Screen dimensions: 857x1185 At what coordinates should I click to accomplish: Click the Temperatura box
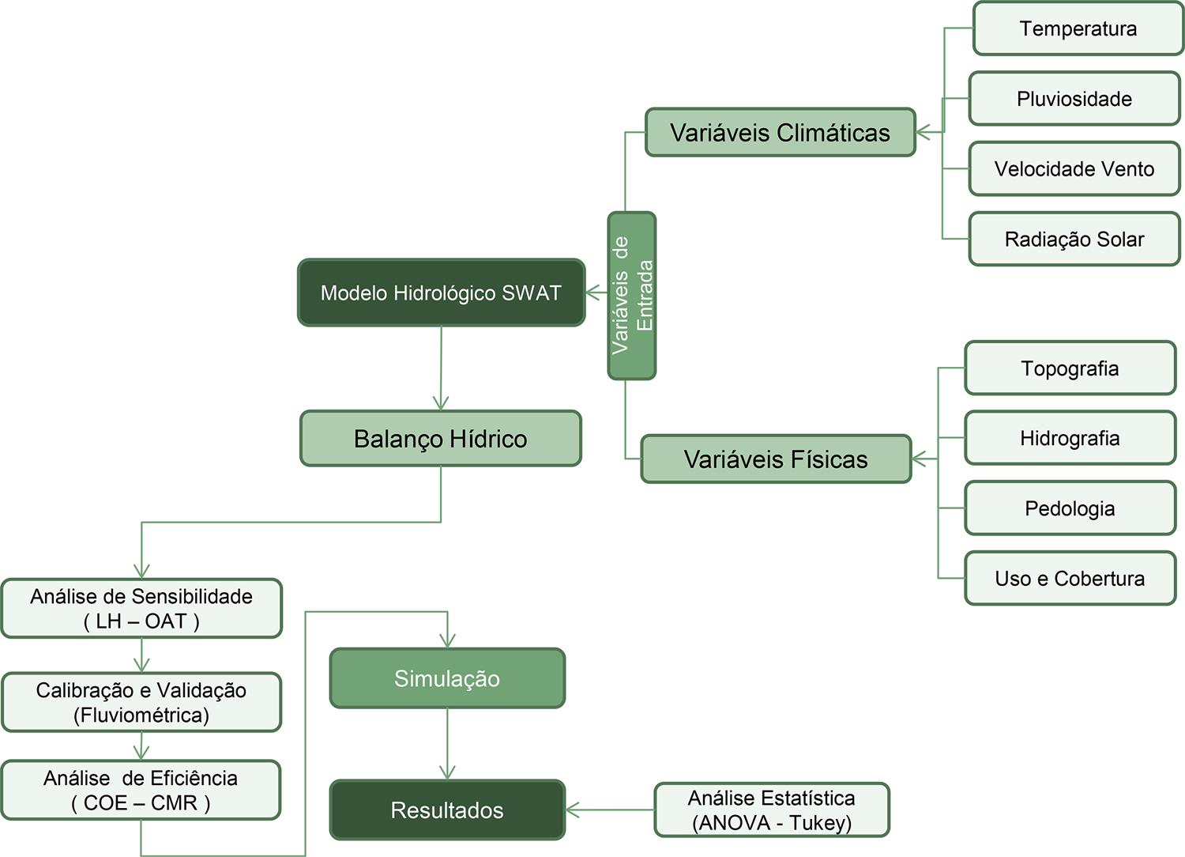(x=1078, y=28)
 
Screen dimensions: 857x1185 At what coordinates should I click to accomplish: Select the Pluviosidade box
(x=1074, y=99)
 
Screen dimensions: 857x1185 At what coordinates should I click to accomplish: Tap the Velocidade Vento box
(x=1074, y=168)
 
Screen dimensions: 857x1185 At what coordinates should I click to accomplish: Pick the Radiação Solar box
(x=1074, y=239)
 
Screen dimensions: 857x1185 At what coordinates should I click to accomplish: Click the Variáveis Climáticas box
(x=780, y=132)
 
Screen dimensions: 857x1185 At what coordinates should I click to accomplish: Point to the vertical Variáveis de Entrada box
(x=632, y=295)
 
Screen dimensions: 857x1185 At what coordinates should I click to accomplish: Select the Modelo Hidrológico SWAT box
(x=441, y=293)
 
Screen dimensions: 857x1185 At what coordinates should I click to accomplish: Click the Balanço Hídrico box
(x=440, y=439)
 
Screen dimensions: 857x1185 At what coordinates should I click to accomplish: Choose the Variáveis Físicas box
(x=776, y=459)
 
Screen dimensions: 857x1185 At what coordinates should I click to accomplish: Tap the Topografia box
(x=1070, y=368)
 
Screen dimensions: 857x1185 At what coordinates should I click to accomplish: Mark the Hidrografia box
(x=1070, y=438)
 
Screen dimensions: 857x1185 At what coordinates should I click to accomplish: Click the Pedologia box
(x=1070, y=508)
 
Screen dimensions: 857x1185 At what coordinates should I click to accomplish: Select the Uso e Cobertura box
(x=1070, y=578)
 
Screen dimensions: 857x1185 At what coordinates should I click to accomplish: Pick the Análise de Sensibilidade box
(x=141, y=609)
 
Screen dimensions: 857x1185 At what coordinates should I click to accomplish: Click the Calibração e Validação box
(x=141, y=702)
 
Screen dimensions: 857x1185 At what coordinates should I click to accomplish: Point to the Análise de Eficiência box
(x=141, y=790)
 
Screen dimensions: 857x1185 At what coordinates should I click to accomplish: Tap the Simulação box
(x=447, y=678)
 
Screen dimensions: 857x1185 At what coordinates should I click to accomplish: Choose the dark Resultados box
(x=447, y=810)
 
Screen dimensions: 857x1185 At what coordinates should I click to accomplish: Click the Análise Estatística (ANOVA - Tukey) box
(x=772, y=810)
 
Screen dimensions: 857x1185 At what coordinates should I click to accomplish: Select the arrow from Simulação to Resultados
(x=447, y=743)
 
